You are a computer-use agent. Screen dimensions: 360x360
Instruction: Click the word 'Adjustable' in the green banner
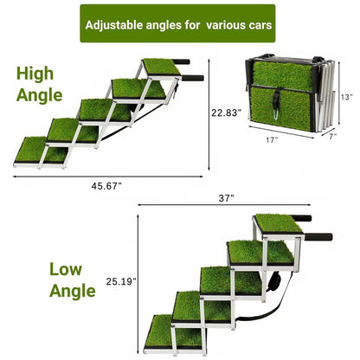click(114, 25)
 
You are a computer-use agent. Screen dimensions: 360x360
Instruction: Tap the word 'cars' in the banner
click(260, 25)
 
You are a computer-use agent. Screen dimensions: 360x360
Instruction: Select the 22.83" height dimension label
click(226, 112)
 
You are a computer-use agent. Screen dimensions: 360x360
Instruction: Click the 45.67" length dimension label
click(106, 186)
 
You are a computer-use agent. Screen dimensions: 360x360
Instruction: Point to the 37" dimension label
click(226, 198)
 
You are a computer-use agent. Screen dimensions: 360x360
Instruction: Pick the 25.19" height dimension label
click(121, 281)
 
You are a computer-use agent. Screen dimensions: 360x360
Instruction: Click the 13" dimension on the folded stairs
click(346, 97)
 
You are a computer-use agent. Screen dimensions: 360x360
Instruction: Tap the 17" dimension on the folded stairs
click(272, 140)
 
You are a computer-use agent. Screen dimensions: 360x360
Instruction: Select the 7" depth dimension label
click(333, 137)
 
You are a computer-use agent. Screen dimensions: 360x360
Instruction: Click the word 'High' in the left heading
click(35, 74)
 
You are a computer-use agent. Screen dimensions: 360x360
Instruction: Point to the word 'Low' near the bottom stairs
click(66, 269)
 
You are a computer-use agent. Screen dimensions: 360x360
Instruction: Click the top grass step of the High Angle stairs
click(162, 67)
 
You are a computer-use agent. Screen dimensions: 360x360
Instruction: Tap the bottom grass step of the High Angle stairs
click(41, 150)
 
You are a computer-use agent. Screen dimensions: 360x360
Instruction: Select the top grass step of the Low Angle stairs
click(279, 223)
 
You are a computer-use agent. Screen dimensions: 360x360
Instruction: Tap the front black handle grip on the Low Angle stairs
click(318, 237)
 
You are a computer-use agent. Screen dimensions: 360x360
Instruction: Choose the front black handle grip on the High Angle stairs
click(193, 78)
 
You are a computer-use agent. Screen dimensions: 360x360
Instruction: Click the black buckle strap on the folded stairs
click(276, 103)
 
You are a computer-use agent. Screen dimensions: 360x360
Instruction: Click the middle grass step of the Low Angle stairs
click(231, 280)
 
